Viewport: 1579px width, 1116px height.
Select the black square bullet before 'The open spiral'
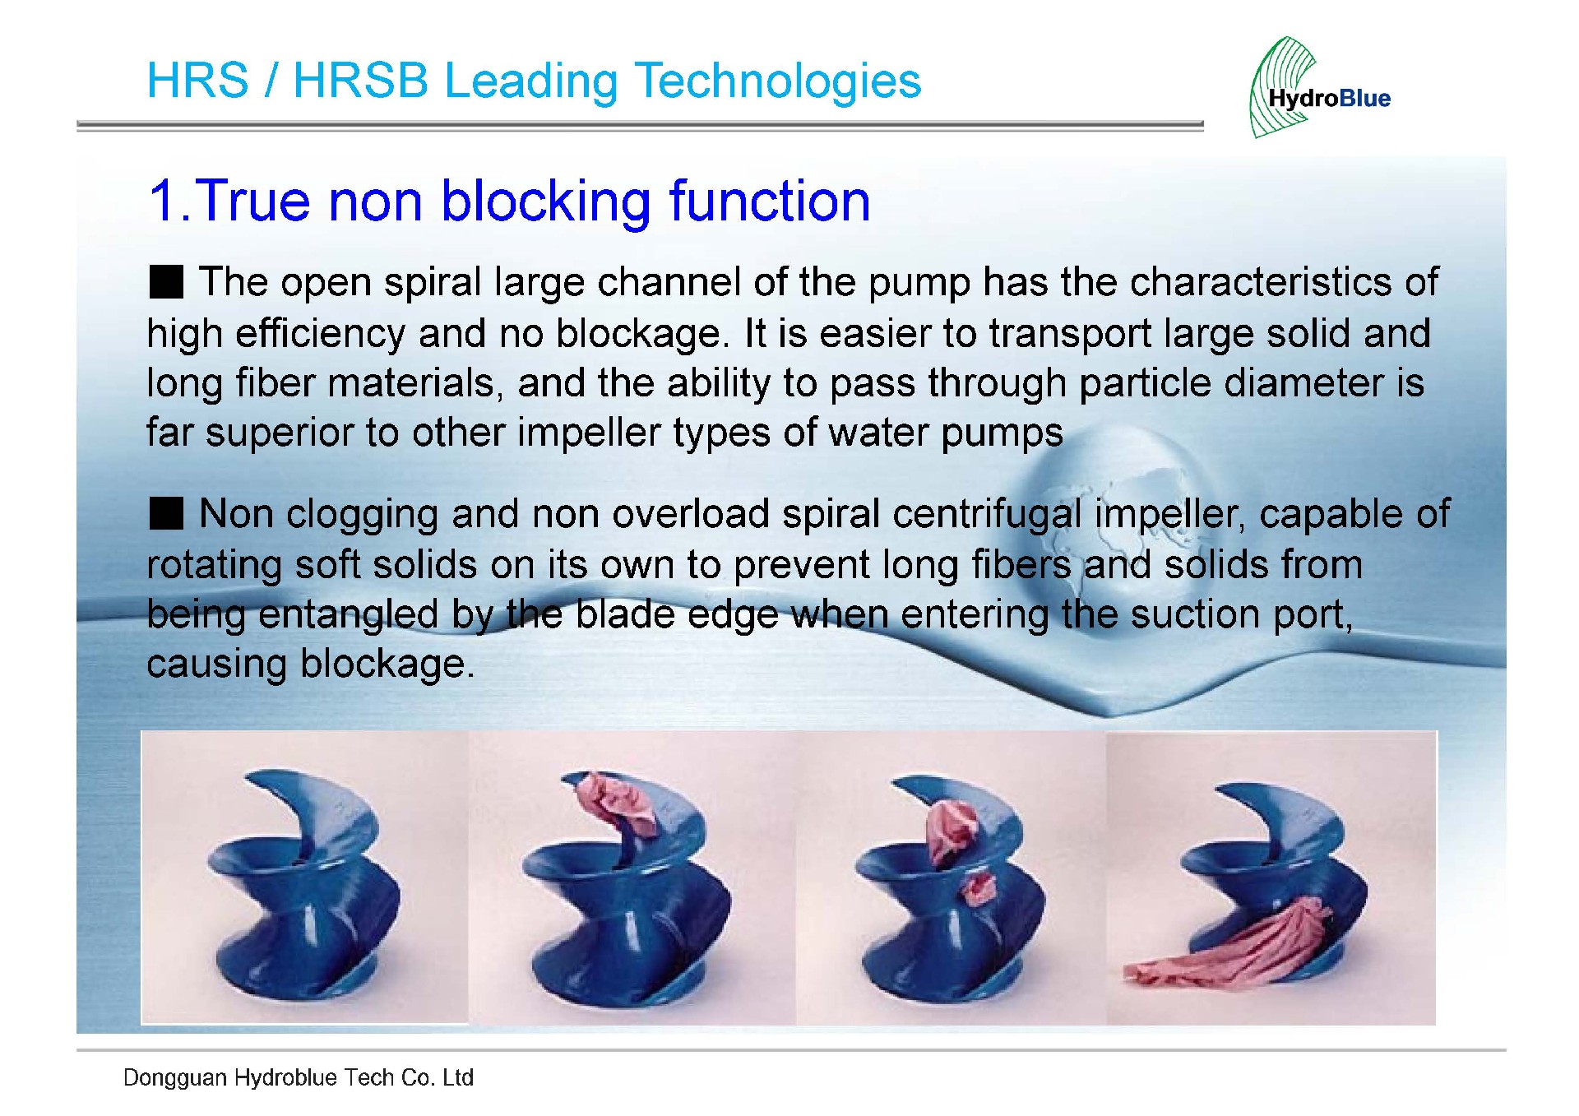(166, 282)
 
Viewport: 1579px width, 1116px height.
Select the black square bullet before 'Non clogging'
(166, 514)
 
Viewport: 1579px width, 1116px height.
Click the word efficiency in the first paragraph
(320, 333)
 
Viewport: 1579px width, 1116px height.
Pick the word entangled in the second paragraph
(348, 615)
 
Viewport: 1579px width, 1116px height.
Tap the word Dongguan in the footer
(174, 1078)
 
